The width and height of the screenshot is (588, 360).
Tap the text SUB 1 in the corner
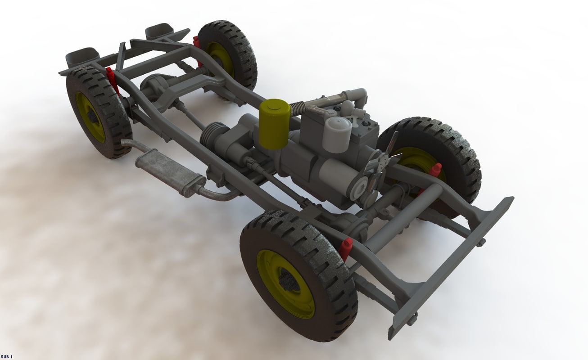tap(7, 356)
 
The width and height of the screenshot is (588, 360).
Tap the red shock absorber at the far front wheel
tap(434, 171)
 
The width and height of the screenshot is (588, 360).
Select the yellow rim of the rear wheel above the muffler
tap(90, 117)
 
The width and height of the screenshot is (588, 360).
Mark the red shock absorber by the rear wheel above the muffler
tap(112, 78)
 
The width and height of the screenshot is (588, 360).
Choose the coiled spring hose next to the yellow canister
tap(298, 107)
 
